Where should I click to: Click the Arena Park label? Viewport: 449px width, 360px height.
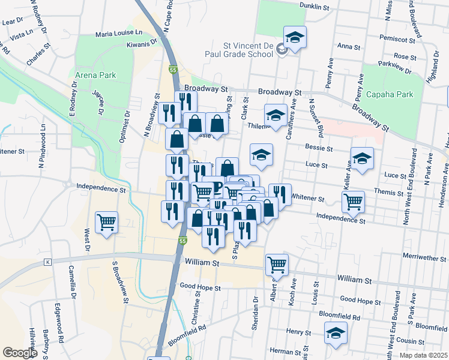[x=95, y=76]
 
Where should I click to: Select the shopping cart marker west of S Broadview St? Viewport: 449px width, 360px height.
[x=106, y=223]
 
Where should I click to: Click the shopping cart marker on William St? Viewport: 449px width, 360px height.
[x=277, y=263]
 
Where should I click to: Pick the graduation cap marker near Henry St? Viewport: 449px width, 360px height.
[x=336, y=334]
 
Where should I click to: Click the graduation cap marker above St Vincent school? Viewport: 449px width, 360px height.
[x=295, y=37]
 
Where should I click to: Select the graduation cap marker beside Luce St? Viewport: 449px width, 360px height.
[x=362, y=159]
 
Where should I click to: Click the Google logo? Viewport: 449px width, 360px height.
[x=20, y=352]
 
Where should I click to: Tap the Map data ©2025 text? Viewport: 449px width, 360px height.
[x=423, y=355]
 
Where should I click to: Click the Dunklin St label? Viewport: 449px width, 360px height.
[x=315, y=8]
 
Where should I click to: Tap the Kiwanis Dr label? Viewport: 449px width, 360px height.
[x=141, y=44]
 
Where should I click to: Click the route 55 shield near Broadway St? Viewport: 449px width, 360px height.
[x=173, y=70]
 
